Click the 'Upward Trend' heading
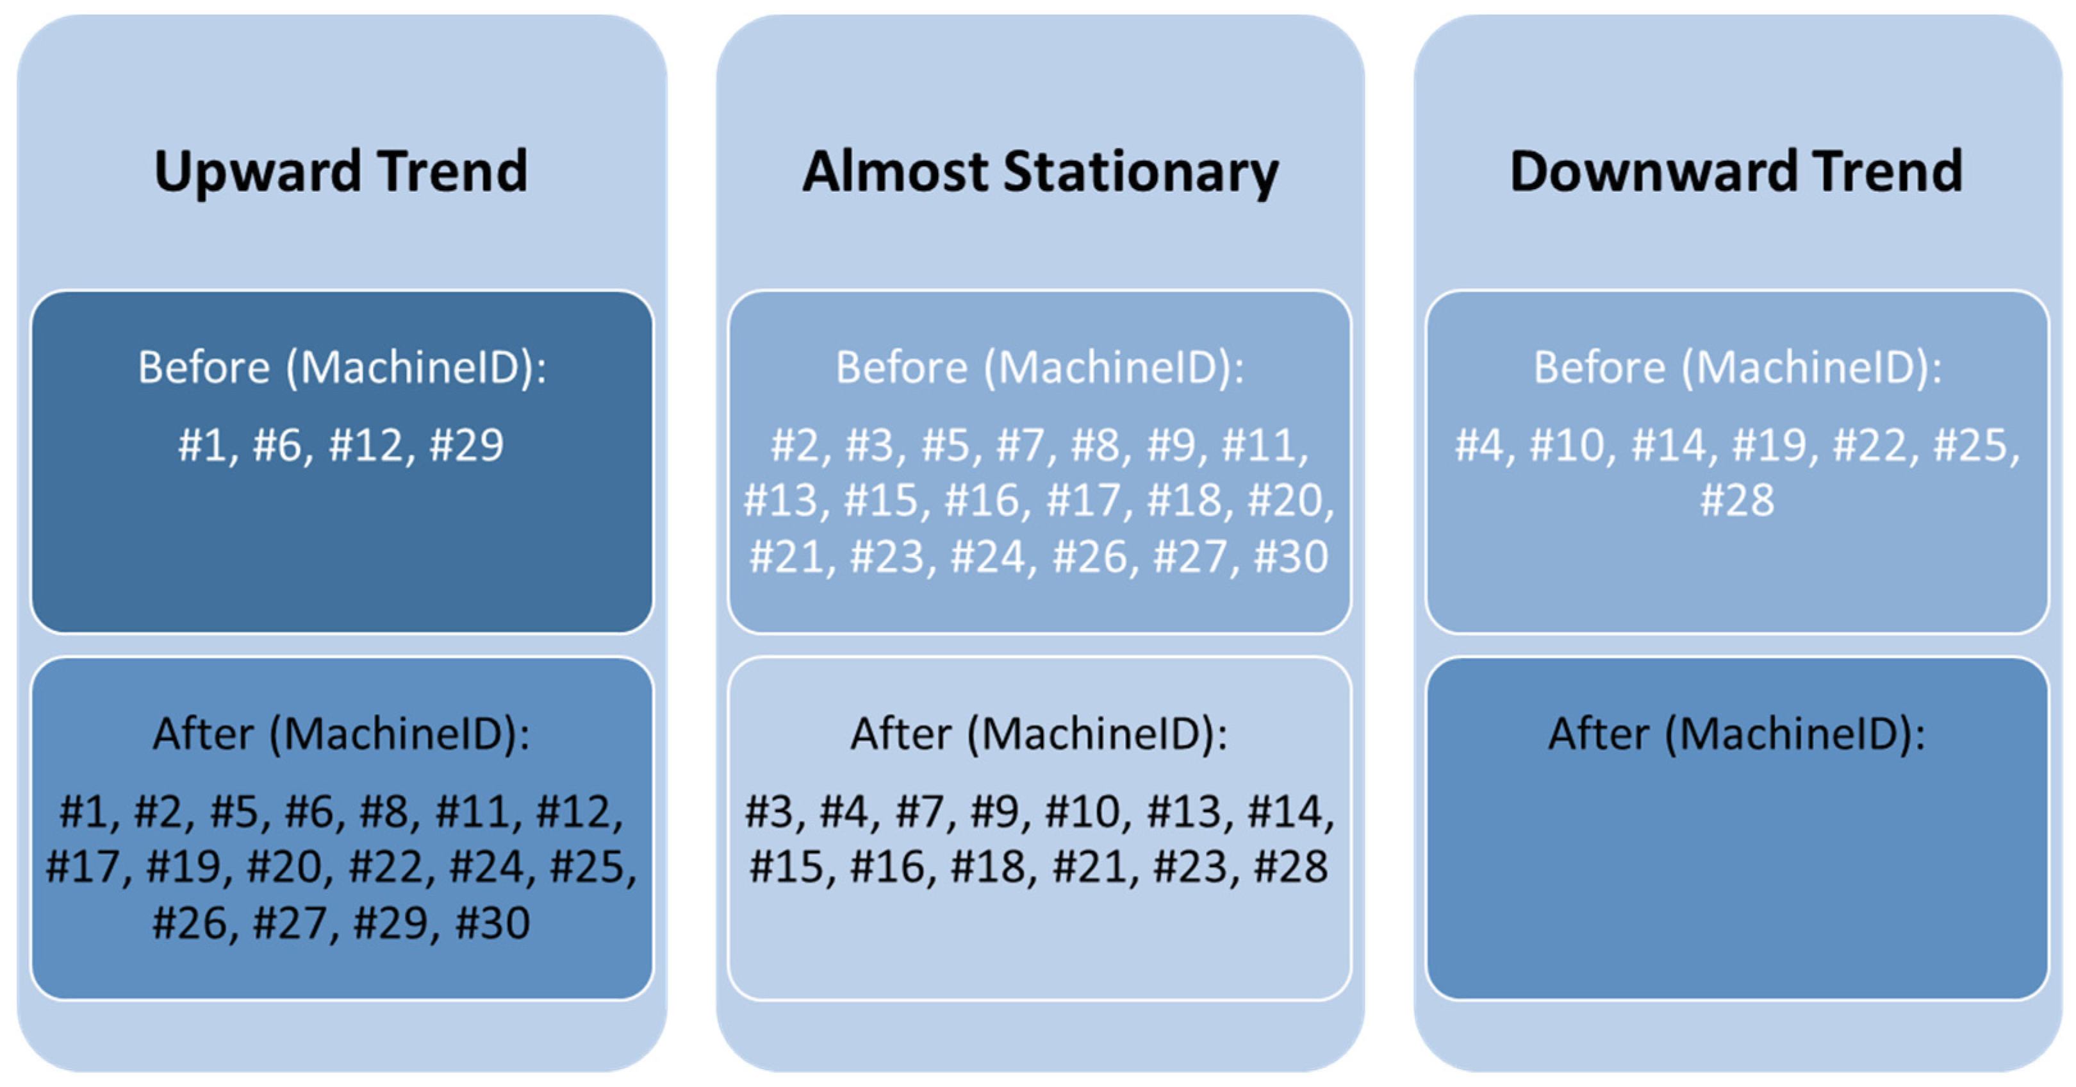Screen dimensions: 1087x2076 (340, 172)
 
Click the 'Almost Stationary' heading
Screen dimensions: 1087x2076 (1040, 172)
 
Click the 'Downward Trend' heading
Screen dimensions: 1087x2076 (1736, 172)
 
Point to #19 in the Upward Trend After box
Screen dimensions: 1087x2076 (184, 868)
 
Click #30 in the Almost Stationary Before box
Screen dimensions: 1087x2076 (1291, 557)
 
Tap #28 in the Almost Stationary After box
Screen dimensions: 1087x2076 (1291, 868)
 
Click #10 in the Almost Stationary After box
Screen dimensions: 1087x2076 (1082, 812)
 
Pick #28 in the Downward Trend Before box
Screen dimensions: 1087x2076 (1736, 501)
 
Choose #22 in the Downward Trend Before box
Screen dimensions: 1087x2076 (1870, 445)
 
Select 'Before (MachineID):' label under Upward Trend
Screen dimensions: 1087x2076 (342, 367)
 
